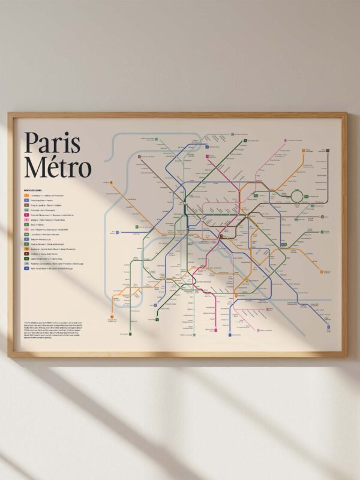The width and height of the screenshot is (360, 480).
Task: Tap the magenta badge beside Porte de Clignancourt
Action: [x=26, y=215]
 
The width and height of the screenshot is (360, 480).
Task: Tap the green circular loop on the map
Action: [x=297, y=196]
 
